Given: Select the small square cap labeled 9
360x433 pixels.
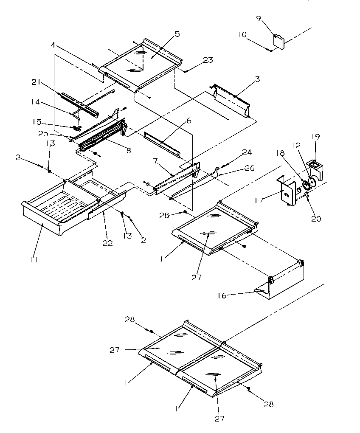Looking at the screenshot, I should click(280, 41).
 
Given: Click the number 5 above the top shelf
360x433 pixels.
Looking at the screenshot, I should click(177, 34).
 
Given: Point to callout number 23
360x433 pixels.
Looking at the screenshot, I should click(208, 61).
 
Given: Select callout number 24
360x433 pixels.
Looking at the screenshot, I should click(247, 152).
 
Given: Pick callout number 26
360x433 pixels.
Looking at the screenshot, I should click(249, 169).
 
